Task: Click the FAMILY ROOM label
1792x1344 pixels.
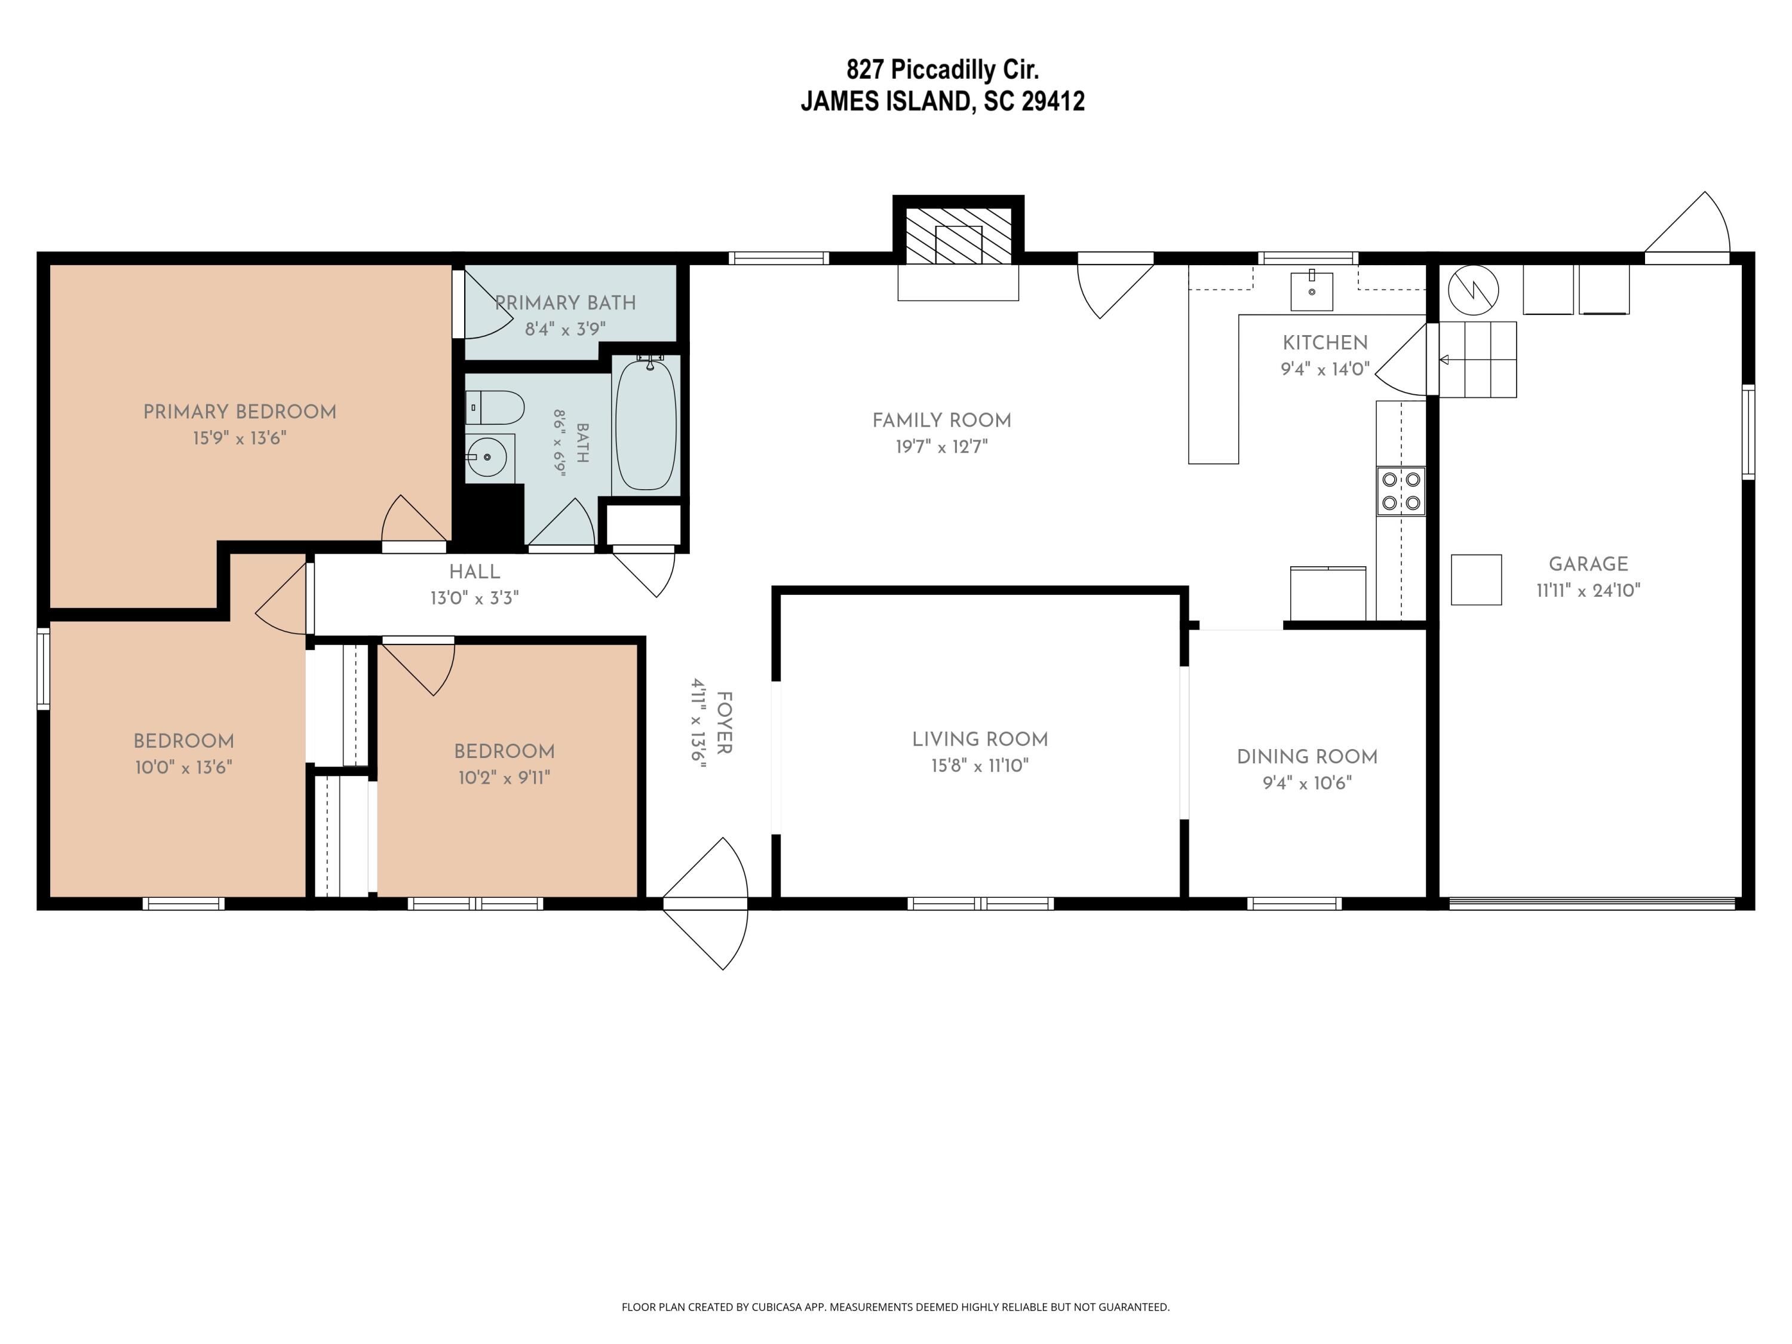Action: click(x=941, y=421)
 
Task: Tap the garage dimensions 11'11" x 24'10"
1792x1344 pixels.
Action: click(x=1588, y=591)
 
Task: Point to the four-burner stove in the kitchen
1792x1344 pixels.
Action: click(x=1401, y=491)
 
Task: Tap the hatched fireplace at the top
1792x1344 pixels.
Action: click(x=958, y=236)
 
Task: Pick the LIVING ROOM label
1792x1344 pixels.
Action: click(x=980, y=739)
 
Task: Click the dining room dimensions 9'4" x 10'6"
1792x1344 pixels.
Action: click(x=1307, y=783)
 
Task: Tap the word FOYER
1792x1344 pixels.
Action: click(x=724, y=723)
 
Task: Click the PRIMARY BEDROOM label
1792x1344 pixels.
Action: click(x=240, y=412)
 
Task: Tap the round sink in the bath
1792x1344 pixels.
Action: click(x=487, y=458)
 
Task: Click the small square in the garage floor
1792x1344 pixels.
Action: click(x=1476, y=579)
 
